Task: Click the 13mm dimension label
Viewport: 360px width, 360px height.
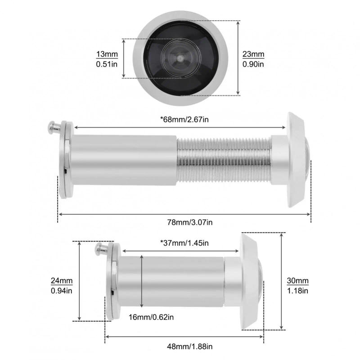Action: pyautogui.click(x=107, y=55)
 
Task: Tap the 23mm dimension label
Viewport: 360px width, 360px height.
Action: pyautogui.click(x=253, y=55)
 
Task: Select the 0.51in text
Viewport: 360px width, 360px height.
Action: pyautogui.click(x=107, y=64)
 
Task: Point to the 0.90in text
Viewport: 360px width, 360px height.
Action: pyautogui.click(x=253, y=64)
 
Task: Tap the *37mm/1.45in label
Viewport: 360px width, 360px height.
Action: pyautogui.click(x=184, y=243)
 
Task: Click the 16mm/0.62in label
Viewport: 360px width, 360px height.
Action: pyautogui.click(x=151, y=317)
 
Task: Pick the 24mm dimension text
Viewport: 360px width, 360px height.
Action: pyautogui.click(x=62, y=281)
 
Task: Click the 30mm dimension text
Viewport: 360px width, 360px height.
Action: pyautogui.click(x=297, y=281)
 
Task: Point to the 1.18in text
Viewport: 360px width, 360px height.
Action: pyautogui.click(x=297, y=291)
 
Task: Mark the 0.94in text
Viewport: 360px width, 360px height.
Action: pyautogui.click(x=62, y=291)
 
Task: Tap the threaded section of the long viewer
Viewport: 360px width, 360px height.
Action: pyautogui.click(x=224, y=161)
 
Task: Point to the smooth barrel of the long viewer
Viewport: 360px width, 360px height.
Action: pyautogui.click(x=124, y=161)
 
